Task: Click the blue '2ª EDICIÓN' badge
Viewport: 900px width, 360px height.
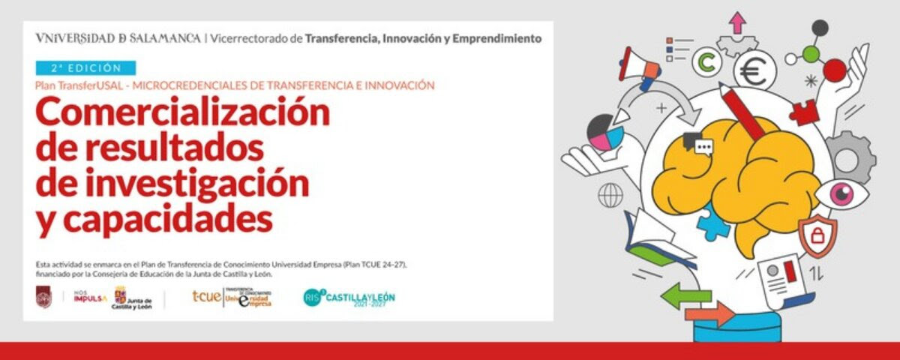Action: click(85, 67)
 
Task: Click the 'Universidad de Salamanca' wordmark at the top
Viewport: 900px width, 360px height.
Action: click(118, 37)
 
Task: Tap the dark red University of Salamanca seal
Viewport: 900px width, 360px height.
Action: click(43, 298)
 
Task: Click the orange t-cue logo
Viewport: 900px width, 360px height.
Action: click(206, 297)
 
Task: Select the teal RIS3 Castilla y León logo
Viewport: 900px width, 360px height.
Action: click(349, 298)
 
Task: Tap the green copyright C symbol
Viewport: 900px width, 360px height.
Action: click(705, 64)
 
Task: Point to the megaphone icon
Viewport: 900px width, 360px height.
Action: click(638, 64)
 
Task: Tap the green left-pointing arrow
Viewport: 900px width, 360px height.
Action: click(685, 294)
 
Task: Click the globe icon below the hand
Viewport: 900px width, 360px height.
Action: click(610, 195)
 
